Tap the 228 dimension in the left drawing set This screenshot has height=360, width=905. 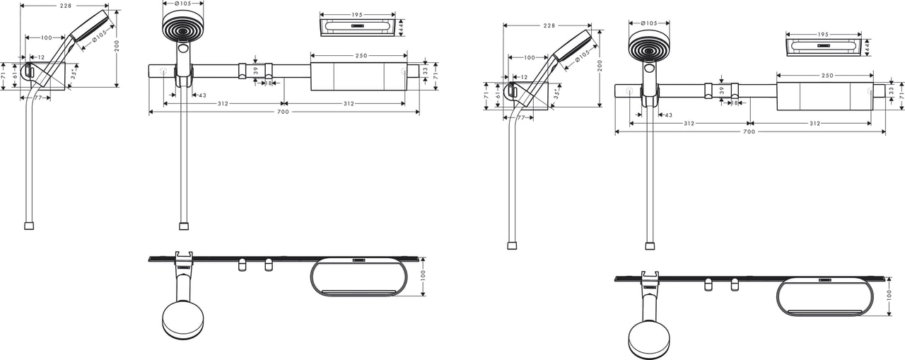coord(64,6)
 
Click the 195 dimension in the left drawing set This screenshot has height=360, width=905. coord(358,13)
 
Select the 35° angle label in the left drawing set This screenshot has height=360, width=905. coord(74,73)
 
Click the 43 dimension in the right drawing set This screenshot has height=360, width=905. coord(668,115)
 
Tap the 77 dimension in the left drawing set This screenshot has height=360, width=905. coord(40,98)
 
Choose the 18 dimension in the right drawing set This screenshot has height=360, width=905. coord(735,103)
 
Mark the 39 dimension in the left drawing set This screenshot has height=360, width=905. coord(255,70)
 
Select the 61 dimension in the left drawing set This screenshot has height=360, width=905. coord(13,74)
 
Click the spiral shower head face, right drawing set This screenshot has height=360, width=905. coord(649,45)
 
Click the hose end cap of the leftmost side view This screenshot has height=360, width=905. coord(29,226)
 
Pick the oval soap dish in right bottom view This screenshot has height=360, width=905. coord(823,296)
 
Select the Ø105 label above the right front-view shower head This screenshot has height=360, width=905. coord(649,23)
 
